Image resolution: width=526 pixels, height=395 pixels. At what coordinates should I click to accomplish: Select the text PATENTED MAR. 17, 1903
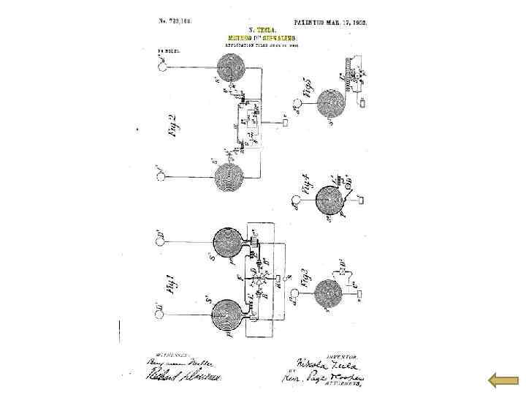tap(330, 23)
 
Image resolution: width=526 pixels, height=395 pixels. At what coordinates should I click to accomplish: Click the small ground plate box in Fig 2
tap(286, 122)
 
